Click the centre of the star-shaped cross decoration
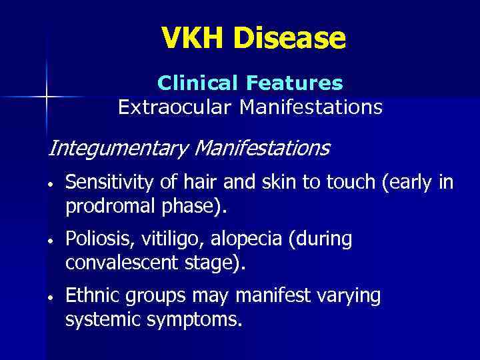pyautogui.click(x=46, y=97)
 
